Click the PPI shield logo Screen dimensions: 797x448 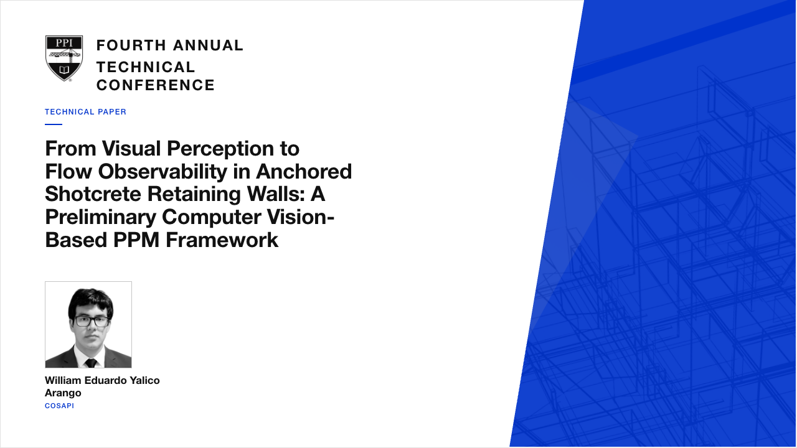[64, 58]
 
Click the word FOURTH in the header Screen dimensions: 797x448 [131, 45]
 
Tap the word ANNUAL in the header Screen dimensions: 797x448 [208, 45]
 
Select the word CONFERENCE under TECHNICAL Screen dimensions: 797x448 [156, 85]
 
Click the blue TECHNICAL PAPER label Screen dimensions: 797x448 [85, 112]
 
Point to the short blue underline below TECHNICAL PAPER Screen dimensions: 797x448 [54, 124]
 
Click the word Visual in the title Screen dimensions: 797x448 [131, 148]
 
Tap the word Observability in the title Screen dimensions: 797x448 [163, 171]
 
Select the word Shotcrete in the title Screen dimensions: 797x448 [93, 194]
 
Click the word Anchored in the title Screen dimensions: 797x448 [304, 171]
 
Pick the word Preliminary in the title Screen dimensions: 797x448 [101, 217]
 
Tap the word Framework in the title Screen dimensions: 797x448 [222, 240]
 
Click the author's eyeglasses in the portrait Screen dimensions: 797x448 [92, 322]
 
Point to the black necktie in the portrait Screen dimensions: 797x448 [91, 363]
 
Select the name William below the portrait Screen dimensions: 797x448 [63, 380]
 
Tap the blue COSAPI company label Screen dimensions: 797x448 [59, 406]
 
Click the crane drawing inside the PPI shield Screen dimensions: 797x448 [65, 55]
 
